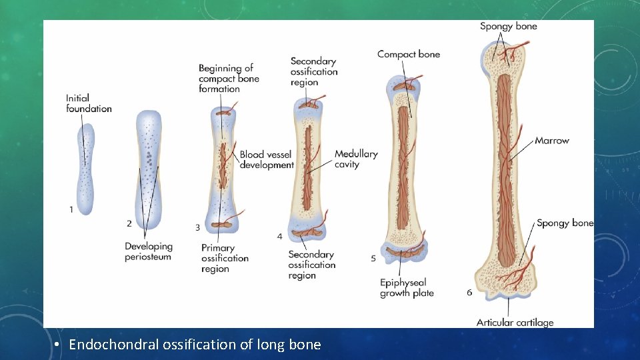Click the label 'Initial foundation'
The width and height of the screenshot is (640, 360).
pos(89,103)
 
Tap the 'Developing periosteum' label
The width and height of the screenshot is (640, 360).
pos(148,251)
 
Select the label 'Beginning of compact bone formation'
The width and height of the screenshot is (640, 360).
pos(229,78)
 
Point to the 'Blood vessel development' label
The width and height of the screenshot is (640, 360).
pos(267,160)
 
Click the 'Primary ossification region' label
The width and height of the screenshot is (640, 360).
pos(225,259)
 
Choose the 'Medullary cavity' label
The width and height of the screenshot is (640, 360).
pos(356,159)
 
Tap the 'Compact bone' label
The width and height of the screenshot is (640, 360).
pos(409,54)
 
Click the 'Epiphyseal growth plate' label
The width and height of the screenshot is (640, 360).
pos(407,288)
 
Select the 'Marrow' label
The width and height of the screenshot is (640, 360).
pos(552,141)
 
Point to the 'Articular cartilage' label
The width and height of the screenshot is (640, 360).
pos(515,323)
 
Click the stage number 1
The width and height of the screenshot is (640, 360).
pos(71,209)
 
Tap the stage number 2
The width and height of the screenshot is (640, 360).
pos(129,223)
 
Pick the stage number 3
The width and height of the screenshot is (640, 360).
pos(197,227)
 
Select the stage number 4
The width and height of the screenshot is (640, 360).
pos(280,237)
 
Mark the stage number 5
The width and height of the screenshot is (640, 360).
pos(373,258)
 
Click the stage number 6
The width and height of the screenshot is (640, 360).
pos(470,292)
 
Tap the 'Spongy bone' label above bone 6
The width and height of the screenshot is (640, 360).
pos(508,27)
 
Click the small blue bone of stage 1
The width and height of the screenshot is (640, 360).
pos(85,170)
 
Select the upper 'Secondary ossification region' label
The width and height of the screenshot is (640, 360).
pos(314,71)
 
